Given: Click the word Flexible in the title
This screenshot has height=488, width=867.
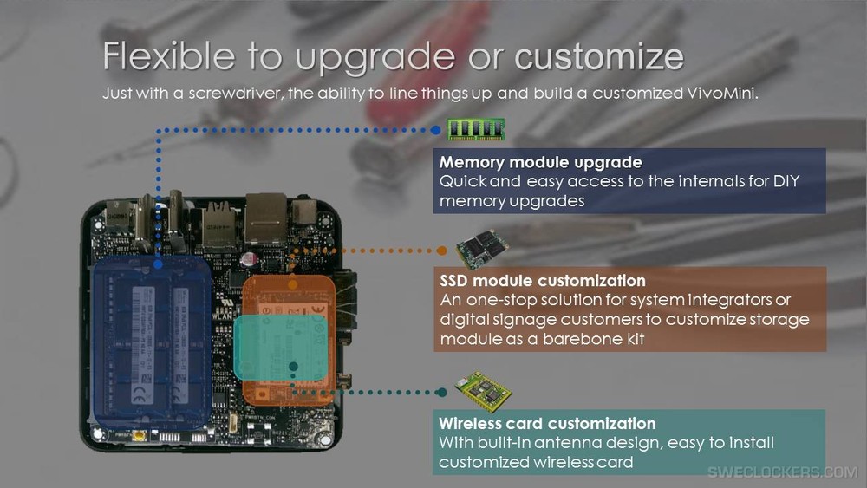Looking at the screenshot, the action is pos(169,55).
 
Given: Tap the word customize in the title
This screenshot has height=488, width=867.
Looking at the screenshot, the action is pos(599,57).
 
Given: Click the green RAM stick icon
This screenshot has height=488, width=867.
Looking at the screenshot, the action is pos(476,129).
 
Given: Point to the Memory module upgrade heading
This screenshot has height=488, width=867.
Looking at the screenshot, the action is pos(541,162).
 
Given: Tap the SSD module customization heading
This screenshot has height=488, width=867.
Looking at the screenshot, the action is pos(543,280).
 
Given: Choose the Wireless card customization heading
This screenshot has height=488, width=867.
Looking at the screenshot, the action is pos(547,423).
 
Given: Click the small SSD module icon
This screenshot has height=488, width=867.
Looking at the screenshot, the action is pos(481,248).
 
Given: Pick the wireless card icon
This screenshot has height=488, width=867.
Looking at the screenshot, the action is pos(483,390).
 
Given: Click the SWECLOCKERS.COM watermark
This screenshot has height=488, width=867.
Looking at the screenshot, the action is pos(783,472).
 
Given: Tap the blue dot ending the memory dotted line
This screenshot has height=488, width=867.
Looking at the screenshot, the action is pos(436,130).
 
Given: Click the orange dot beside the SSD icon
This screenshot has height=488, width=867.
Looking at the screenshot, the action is pos(442,251).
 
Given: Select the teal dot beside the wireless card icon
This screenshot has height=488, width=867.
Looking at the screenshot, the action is pos(441,393).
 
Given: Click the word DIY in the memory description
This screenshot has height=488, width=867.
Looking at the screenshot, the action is pos(786,181).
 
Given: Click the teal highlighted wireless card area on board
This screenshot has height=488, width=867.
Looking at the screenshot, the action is pos(280,348).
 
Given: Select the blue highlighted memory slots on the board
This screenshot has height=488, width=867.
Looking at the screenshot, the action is pos(152,342).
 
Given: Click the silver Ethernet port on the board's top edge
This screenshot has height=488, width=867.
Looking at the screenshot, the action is pos(266,218).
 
